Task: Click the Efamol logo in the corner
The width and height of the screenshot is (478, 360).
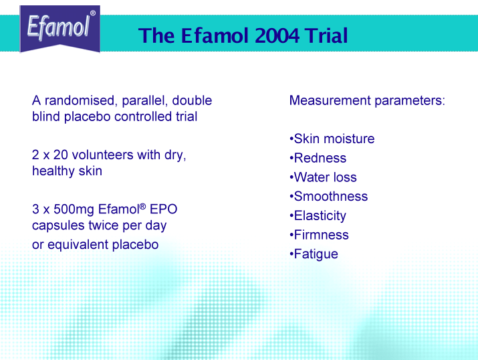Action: coord(59,29)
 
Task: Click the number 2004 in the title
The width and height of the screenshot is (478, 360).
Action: coord(277,35)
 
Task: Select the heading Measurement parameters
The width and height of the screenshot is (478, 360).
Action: coord(367,100)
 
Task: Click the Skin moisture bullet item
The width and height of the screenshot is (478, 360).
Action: coord(332,139)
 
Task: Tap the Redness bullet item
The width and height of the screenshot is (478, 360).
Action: coord(318,158)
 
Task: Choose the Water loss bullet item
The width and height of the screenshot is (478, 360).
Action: coord(323,177)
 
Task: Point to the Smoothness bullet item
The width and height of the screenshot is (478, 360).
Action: coord(329,197)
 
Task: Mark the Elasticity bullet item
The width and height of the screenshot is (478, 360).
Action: coord(318,216)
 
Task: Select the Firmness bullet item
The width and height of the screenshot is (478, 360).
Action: coord(319,235)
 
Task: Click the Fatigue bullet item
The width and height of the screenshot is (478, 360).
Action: coord(314,254)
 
